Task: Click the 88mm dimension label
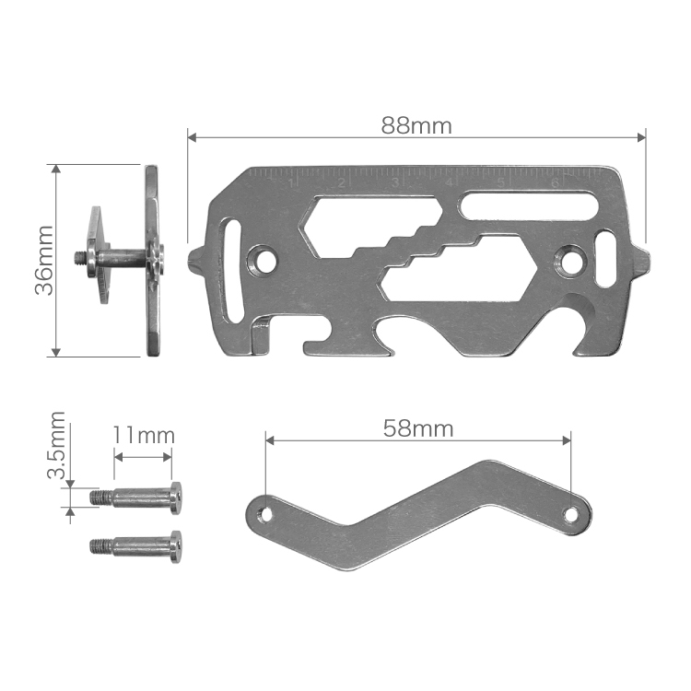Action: pyautogui.click(x=416, y=126)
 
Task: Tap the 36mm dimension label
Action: pyautogui.click(x=44, y=261)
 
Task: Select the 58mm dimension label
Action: pyautogui.click(x=417, y=428)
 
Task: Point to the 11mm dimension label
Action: pyautogui.click(x=144, y=435)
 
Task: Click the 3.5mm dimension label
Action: pyautogui.click(x=57, y=445)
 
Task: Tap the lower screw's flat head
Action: pyautogui.click(x=175, y=547)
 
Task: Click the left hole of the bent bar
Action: pyautogui.click(x=265, y=513)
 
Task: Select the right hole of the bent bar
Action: pyautogui.click(x=571, y=514)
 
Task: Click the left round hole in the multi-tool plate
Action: pyautogui.click(x=263, y=261)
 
